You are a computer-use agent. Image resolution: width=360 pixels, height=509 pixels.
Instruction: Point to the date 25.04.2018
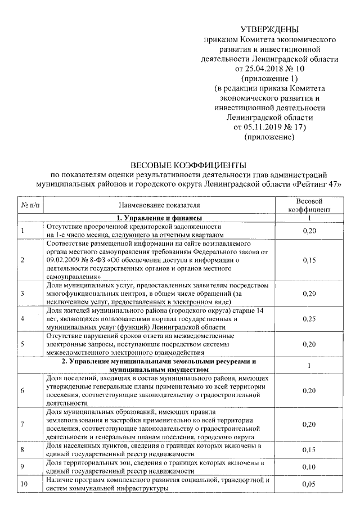coord(262,69)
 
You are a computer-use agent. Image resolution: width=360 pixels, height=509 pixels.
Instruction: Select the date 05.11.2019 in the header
coord(260,127)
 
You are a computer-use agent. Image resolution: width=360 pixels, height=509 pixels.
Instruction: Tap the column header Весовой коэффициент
coord(309,206)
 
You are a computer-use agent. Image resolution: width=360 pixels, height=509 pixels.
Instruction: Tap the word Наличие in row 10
coord(60,480)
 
